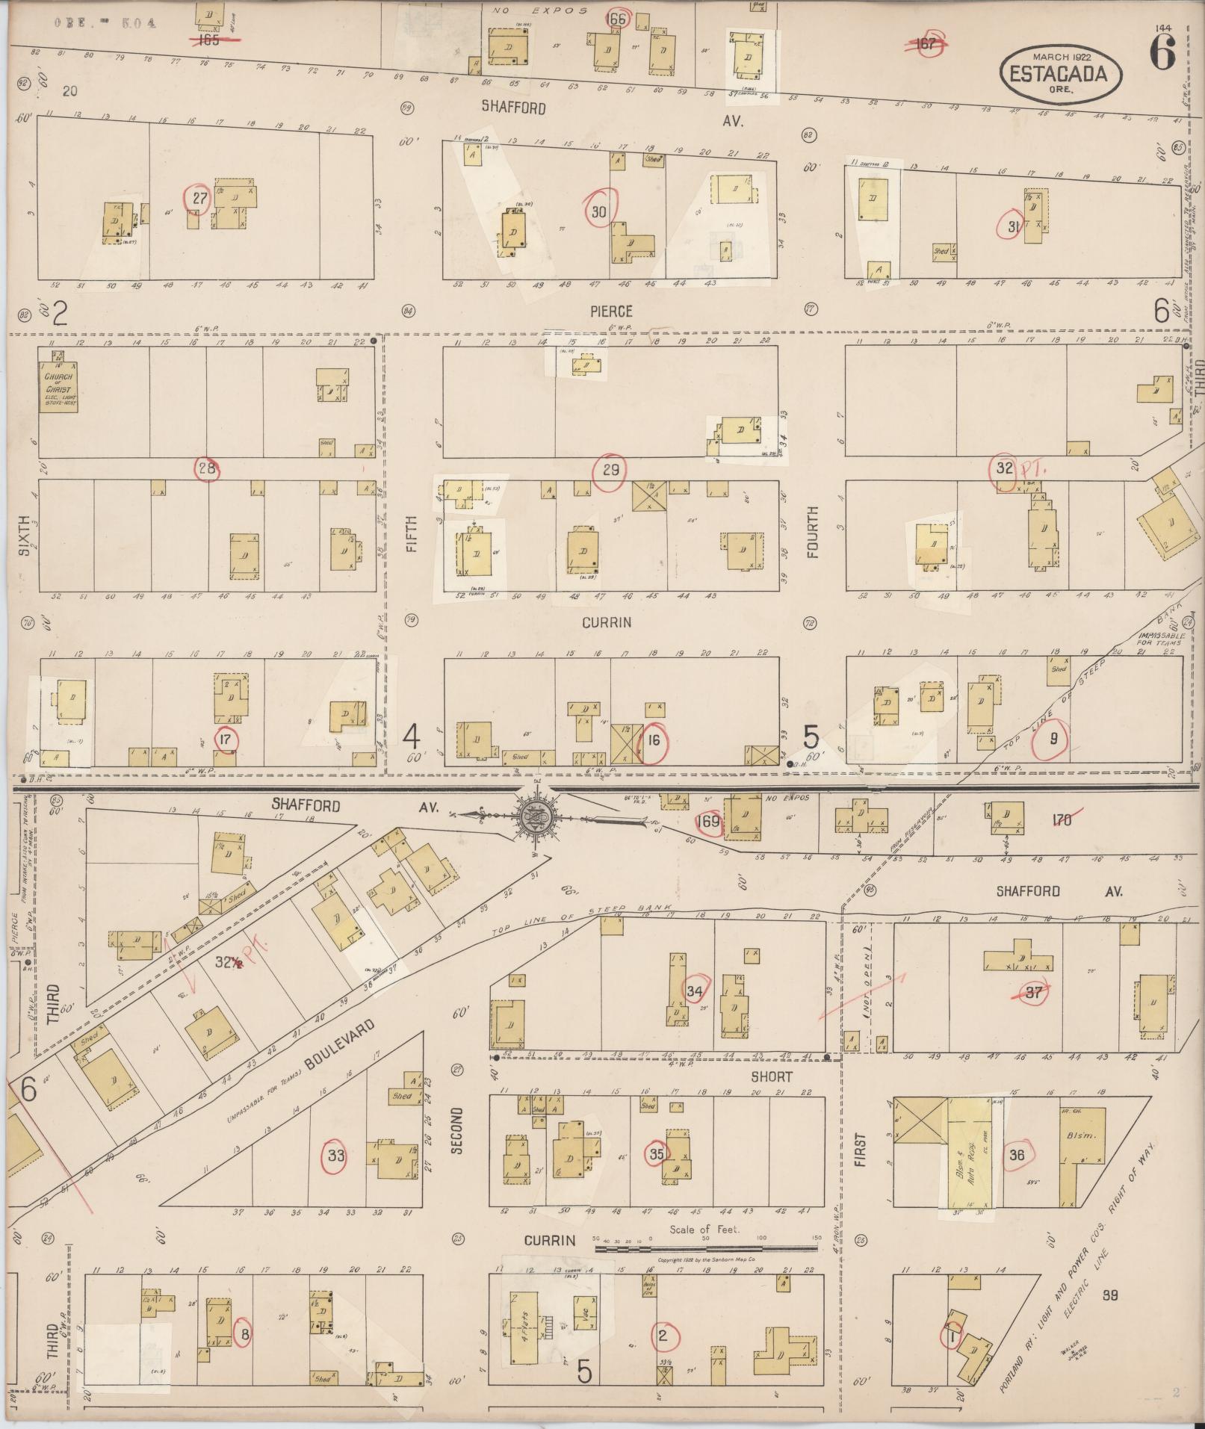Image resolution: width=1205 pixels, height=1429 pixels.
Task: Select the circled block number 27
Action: pyautogui.click(x=199, y=198)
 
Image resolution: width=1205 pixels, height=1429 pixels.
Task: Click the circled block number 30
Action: pyautogui.click(x=599, y=211)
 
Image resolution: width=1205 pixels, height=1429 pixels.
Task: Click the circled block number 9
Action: pyautogui.click(x=1053, y=739)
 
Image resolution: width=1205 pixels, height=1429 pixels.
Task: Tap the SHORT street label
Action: pyautogui.click(x=772, y=1076)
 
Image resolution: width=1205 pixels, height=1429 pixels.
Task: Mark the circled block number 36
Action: pyautogui.click(x=1016, y=1154)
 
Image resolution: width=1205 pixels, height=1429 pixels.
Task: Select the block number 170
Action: pyautogui.click(x=1062, y=820)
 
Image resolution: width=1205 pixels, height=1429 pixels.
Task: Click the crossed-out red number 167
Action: pyautogui.click(x=926, y=43)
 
